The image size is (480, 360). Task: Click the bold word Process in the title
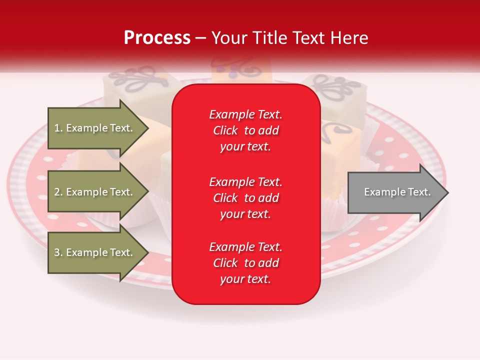click(157, 38)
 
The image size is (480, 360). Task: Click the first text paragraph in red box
click(245, 130)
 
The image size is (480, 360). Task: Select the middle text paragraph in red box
click(245, 198)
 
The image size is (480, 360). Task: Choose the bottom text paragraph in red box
click(245, 263)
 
